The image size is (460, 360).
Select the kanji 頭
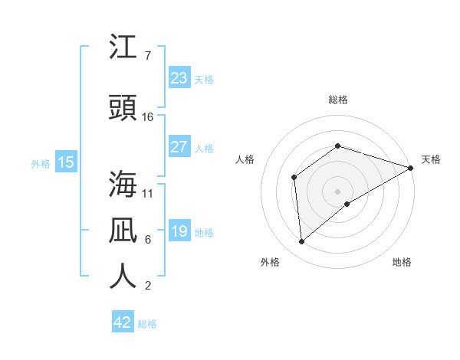pyautogui.click(x=123, y=108)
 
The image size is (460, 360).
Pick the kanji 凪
pyautogui.click(x=123, y=230)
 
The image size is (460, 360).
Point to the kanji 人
pyautogui.click(x=123, y=275)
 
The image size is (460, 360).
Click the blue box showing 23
pyautogui.click(x=179, y=78)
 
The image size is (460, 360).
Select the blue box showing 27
pyautogui.click(x=179, y=147)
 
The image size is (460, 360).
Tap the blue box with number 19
pyautogui.click(x=179, y=231)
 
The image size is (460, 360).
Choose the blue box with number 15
pyautogui.click(x=66, y=162)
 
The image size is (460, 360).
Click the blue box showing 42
pyautogui.click(x=123, y=322)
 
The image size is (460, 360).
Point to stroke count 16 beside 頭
pyautogui.click(x=148, y=117)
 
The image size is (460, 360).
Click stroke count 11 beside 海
pyautogui.click(x=148, y=193)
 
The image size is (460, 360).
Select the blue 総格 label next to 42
pyautogui.click(x=147, y=324)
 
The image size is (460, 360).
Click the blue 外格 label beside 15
pyautogui.click(x=41, y=164)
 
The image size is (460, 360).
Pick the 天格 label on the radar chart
pyautogui.click(x=431, y=159)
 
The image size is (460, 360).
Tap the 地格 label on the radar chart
pyautogui.click(x=402, y=262)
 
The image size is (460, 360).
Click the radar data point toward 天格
pyautogui.click(x=411, y=167)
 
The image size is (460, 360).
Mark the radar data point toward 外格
pyautogui.click(x=302, y=241)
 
